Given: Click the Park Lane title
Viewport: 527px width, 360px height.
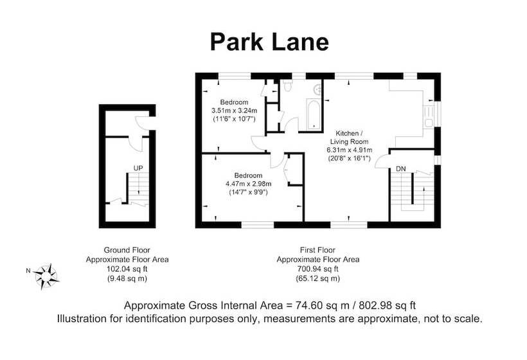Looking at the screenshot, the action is (x=269, y=42).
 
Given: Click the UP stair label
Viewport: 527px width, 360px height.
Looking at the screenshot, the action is (x=138, y=168).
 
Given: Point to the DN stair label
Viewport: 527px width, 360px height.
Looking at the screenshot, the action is (x=400, y=168).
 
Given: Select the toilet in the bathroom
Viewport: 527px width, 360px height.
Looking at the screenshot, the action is (x=287, y=85).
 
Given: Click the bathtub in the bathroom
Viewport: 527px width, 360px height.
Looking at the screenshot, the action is (x=314, y=114).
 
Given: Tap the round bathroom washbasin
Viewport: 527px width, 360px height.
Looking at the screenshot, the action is (x=317, y=89).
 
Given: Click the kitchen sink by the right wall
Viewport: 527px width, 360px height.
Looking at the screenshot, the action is (x=429, y=116).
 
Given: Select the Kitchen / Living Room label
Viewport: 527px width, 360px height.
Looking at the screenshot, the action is (x=349, y=138).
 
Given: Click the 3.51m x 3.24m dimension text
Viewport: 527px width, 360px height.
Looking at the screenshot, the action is (x=235, y=111).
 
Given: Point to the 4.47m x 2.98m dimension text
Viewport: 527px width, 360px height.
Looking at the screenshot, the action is (x=248, y=184).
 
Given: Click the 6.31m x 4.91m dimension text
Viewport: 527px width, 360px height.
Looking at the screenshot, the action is (x=349, y=150).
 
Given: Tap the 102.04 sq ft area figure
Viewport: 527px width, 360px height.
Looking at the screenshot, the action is (x=127, y=269).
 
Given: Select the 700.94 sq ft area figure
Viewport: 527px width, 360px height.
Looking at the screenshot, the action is (x=317, y=269).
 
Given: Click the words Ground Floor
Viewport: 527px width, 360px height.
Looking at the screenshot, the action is (x=127, y=250).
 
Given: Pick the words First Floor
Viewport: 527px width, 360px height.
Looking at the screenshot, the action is (x=317, y=250).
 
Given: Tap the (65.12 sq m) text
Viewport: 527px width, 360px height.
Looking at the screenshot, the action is (x=317, y=278).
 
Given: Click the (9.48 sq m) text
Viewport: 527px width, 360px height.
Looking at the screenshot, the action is (x=127, y=278).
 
